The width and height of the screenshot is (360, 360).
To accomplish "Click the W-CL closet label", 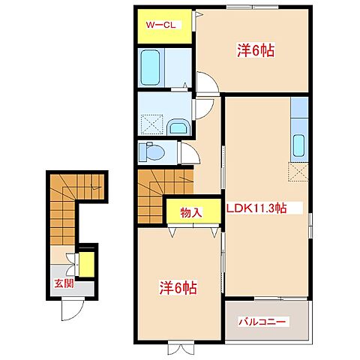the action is coord(160,25).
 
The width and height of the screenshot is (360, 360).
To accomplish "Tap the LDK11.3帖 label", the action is coord(256,208).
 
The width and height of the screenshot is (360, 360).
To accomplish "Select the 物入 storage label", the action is coord(190,213).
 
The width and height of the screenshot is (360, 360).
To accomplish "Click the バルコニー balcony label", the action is coord(262,322).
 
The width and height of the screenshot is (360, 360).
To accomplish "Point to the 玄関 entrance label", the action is coord(64,283).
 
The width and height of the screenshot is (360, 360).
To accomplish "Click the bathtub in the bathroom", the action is coord(150,67).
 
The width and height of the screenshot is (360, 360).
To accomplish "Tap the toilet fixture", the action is coord(151,151).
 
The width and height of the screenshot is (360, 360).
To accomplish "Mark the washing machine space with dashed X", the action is coord(152,124).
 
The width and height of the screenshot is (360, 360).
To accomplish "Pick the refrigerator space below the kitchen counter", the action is coord(298,172).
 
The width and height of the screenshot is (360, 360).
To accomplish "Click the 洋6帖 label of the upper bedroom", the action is coord(256,51).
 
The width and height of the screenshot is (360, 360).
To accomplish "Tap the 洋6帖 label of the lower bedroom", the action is coord(178,288).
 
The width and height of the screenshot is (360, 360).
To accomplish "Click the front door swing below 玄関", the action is coord(73,310).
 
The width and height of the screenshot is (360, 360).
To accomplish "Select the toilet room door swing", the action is coord(190,153).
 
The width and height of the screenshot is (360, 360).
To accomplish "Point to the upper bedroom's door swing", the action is coord(208,82).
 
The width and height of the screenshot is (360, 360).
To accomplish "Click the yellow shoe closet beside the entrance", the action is coord(87,264).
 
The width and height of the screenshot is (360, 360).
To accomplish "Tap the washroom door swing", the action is coord(204,109).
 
